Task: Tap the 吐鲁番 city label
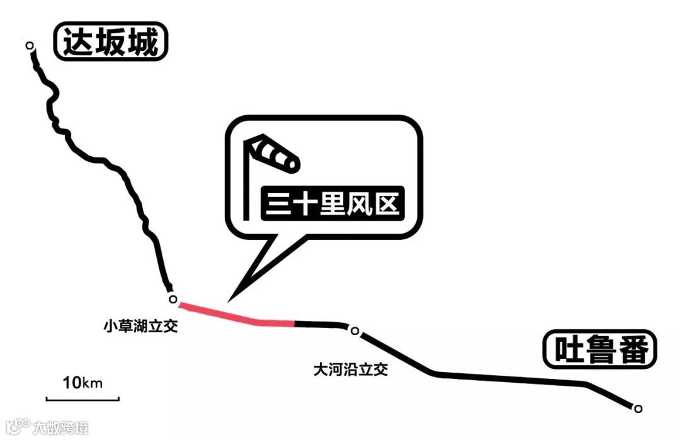coord(599,349)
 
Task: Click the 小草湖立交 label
coord(141,327)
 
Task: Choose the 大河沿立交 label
coord(351,369)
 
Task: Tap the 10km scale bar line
coord(82,398)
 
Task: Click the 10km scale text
coord(82,382)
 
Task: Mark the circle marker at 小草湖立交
coord(173,300)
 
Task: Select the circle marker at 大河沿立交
coord(354,331)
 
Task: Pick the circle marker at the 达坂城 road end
coord(29,45)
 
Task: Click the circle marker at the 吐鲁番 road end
coord(638,408)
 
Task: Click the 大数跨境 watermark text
coord(60,428)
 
